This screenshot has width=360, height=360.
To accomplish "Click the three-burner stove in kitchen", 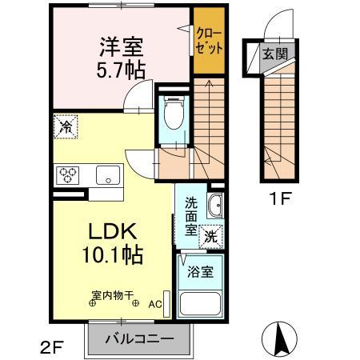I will click(67, 174).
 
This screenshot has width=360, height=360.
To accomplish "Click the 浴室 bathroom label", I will click(200, 272).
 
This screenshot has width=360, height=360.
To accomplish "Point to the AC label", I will click(155, 305).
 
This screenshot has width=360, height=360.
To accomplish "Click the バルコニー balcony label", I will click(140, 339).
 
